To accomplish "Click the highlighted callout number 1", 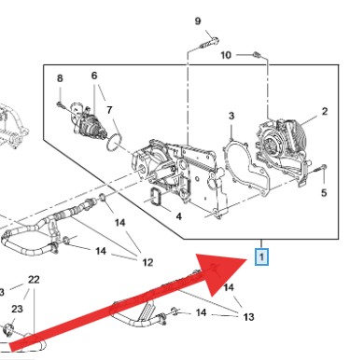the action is pos(261,257).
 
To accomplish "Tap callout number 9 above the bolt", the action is pos(198,21).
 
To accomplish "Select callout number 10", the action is pos(226,55).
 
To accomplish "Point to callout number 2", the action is pos(325,111).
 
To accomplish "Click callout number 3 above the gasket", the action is pos(231,116).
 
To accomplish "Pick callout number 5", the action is pos(324,193).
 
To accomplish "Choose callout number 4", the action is pos(178,216).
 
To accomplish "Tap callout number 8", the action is pos(60,78).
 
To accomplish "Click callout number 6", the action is pos(94,76).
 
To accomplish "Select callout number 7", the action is pos(109,110).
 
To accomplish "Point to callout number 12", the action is pos(147,263).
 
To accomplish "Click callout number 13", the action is pos(248,317).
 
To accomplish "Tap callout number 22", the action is pos(34,280).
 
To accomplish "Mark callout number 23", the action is pos(17,309).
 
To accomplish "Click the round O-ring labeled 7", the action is pos(115,142).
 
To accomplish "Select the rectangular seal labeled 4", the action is pos(156,197).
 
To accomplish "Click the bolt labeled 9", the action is pos(209,43).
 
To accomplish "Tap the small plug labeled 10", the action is pos(257,55).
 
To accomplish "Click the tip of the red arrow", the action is pos(248,258).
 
